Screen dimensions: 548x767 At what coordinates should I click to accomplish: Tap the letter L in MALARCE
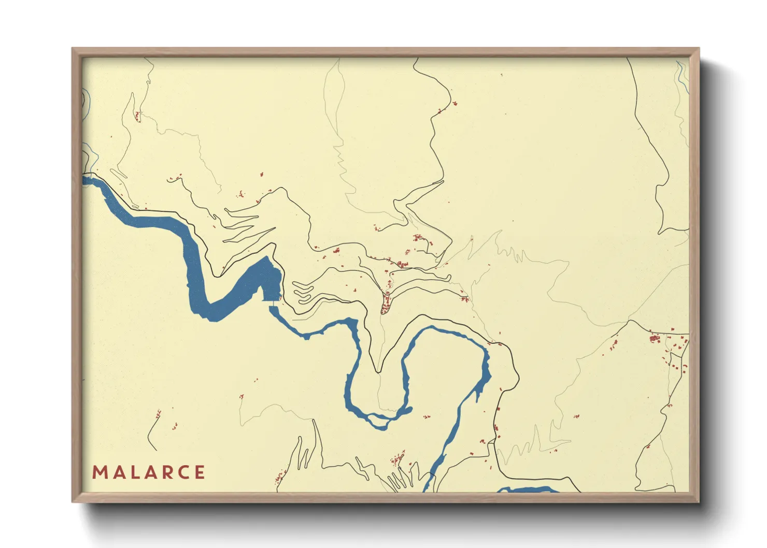coord(133,472)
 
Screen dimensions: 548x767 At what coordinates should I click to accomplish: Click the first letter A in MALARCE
coord(117,472)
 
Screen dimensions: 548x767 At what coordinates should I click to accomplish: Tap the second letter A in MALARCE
coord(149,472)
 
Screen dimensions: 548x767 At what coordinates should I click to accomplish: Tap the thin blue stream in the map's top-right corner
coord(681,73)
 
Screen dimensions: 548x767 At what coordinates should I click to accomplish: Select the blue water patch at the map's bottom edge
coord(526,489)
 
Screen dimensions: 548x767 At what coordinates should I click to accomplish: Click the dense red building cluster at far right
coord(655,339)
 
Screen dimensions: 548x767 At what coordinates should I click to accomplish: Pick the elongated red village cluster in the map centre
coord(386,303)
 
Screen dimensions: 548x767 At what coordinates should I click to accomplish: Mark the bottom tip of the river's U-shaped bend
coord(381,422)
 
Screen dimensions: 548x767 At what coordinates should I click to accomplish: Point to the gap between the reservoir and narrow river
coord(272,304)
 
